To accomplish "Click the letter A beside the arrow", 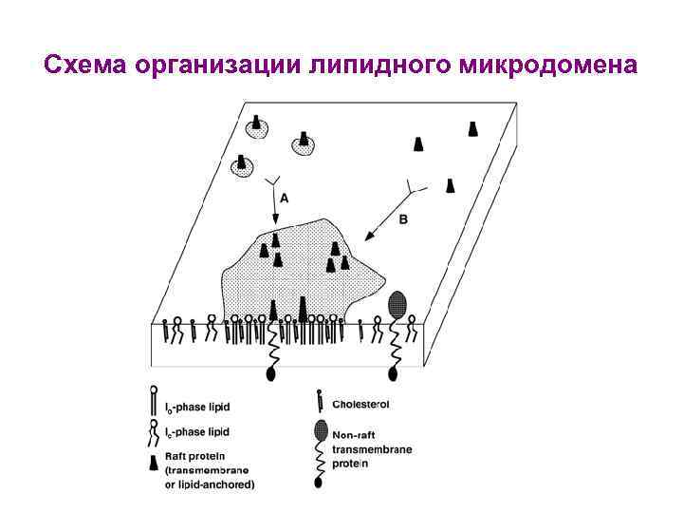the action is (x=286, y=199).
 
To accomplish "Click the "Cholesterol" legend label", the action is (x=361, y=404).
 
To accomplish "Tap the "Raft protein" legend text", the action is (x=195, y=457).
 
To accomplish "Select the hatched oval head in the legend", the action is (x=321, y=428).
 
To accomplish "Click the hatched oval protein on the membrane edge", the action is (x=398, y=304).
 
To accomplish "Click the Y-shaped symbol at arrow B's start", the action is (x=415, y=187).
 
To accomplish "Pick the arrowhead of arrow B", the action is (x=371, y=235).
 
